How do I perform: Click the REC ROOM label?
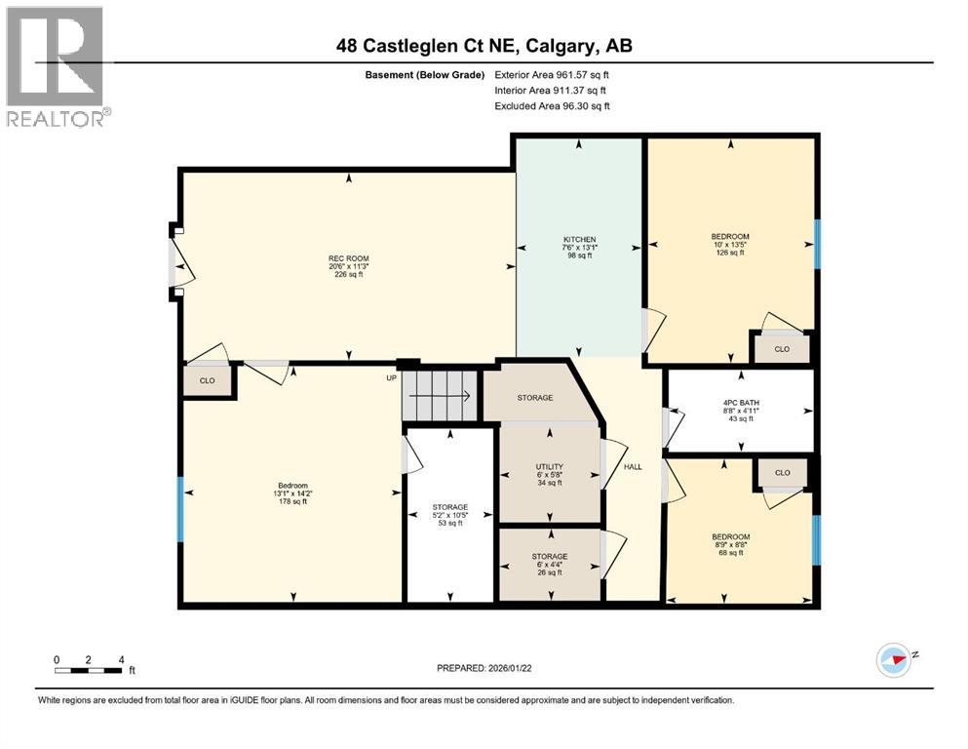tap(348, 266)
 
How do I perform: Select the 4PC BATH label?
tap(739, 411)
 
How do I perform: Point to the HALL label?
tap(633, 467)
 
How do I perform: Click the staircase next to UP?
tap(441, 396)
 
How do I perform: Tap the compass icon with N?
tap(894, 659)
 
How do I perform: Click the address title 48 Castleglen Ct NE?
tap(483, 46)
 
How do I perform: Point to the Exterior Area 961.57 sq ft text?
tap(552, 74)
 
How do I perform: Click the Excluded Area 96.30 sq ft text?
tap(552, 105)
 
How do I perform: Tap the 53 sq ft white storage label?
tap(450, 515)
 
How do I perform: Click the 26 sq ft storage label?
tap(549, 564)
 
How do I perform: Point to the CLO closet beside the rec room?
tap(208, 380)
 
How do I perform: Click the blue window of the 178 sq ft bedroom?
tap(179, 508)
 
